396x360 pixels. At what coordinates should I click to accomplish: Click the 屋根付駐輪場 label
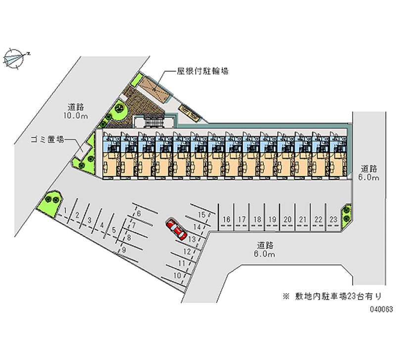(x=202, y=71)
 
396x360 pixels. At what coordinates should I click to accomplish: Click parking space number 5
(x=114, y=229)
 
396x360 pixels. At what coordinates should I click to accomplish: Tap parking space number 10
(x=177, y=275)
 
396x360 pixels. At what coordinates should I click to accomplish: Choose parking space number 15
(x=201, y=214)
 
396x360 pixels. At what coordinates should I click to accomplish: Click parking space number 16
(x=227, y=219)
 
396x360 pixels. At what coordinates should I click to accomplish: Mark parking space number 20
(x=287, y=219)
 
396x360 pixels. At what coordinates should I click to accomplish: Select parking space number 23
(x=333, y=219)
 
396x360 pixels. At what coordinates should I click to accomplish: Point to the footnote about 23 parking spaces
(x=331, y=297)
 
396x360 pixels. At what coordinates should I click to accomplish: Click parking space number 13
(x=192, y=238)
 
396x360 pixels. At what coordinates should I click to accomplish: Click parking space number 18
(x=257, y=219)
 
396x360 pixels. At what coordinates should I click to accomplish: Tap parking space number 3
(x=89, y=220)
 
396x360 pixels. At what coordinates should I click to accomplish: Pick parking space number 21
(x=303, y=219)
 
